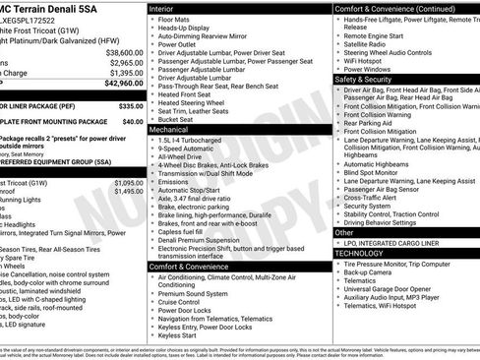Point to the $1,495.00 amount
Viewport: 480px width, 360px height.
coord(128,191)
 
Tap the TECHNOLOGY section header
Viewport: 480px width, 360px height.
coord(359,253)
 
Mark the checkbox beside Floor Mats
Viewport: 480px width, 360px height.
coord(152,18)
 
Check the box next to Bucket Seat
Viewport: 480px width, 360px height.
coord(152,119)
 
